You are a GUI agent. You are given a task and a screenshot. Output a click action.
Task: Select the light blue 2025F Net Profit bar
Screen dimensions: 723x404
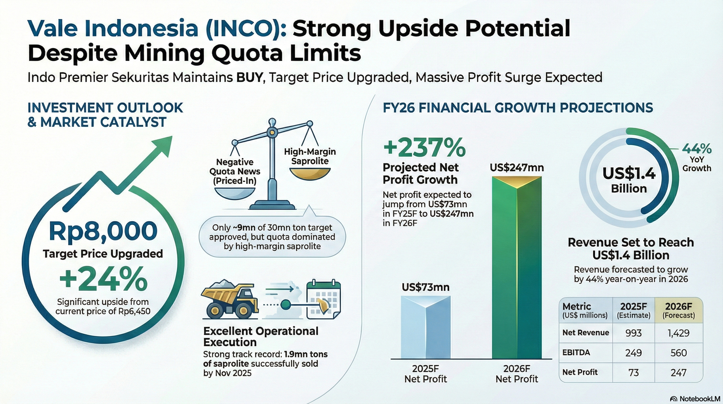426,327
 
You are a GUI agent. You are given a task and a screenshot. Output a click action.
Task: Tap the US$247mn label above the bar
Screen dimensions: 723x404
517,168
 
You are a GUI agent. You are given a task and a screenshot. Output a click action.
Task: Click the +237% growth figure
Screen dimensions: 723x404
424,148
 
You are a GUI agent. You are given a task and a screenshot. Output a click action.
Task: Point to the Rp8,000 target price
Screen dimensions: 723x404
103,231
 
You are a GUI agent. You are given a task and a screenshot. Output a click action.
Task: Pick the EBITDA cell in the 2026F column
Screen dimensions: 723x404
679,353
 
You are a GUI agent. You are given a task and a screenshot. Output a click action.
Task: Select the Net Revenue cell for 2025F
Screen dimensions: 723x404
633,333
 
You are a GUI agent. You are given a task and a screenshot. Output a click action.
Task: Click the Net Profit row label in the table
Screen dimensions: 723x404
580,372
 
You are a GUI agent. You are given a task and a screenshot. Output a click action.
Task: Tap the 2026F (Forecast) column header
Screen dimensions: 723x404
679,310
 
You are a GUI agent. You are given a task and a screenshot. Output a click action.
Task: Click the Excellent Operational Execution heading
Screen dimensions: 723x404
261,337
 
